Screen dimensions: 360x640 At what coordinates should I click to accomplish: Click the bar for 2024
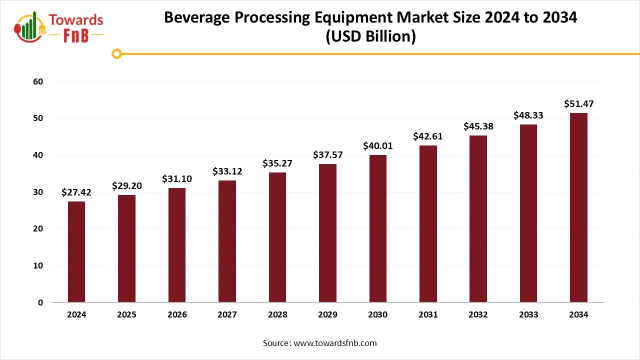(76, 252)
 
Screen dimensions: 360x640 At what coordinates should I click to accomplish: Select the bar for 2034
(578, 207)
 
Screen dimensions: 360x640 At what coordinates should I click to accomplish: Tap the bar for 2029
(327, 233)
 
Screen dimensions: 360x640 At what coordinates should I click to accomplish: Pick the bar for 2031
(428, 224)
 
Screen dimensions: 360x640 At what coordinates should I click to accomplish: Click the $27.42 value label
(76, 192)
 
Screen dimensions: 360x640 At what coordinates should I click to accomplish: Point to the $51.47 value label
(578, 104)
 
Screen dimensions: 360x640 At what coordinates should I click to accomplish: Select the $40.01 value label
(378, 146)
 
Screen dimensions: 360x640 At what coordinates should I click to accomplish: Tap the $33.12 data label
(227, 171)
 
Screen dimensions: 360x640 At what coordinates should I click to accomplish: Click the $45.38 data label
(478, 126)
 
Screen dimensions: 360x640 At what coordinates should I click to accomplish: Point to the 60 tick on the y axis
(38, 81)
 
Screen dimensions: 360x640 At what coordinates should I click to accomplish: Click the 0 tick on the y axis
(40, 302)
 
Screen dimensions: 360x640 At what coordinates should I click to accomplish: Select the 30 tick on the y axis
(38, 192)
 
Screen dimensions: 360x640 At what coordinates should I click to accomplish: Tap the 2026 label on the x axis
(177, 315)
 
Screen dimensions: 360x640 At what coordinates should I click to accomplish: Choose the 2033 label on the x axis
(528, 315)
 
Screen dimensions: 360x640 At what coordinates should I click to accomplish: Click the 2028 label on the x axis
(277, 315)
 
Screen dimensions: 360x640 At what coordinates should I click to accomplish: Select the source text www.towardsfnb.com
(335, 343)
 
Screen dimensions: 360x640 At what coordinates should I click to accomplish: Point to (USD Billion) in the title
(370, 37)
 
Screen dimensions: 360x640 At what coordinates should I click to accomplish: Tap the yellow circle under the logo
(116, 54)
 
